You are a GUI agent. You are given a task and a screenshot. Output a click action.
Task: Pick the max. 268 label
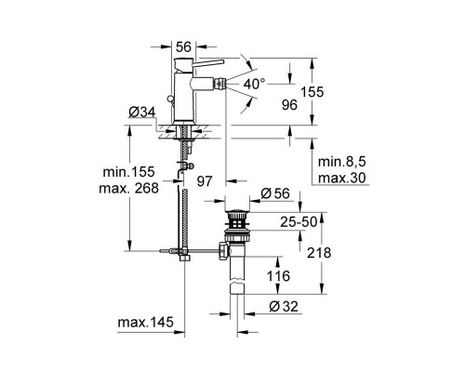coord(128,187)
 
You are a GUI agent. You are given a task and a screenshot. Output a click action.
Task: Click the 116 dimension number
coord(276,276)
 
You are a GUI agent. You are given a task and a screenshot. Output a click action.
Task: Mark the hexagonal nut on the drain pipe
coord(223,250)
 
